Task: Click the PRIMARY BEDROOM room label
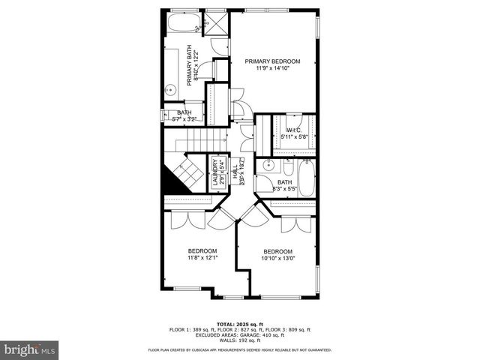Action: click(272, 61)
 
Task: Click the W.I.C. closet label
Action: click(293, 130)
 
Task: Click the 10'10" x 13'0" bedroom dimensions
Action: click(277, 259)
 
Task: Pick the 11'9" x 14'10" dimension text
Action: click(272, 69)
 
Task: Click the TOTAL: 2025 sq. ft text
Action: click(240, 324)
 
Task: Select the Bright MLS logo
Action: click(28, 349)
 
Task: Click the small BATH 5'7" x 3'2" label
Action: click(184, 115)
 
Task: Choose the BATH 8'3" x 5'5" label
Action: click(284, 185)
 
